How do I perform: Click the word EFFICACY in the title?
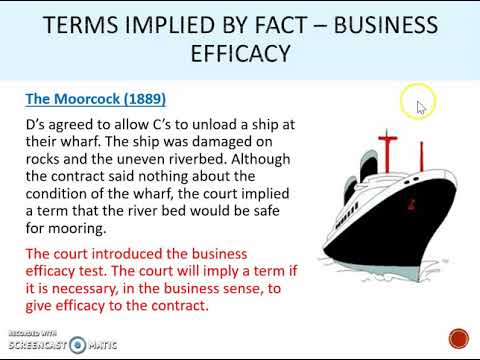click(239, 55)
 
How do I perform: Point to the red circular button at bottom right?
click(458, 339)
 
